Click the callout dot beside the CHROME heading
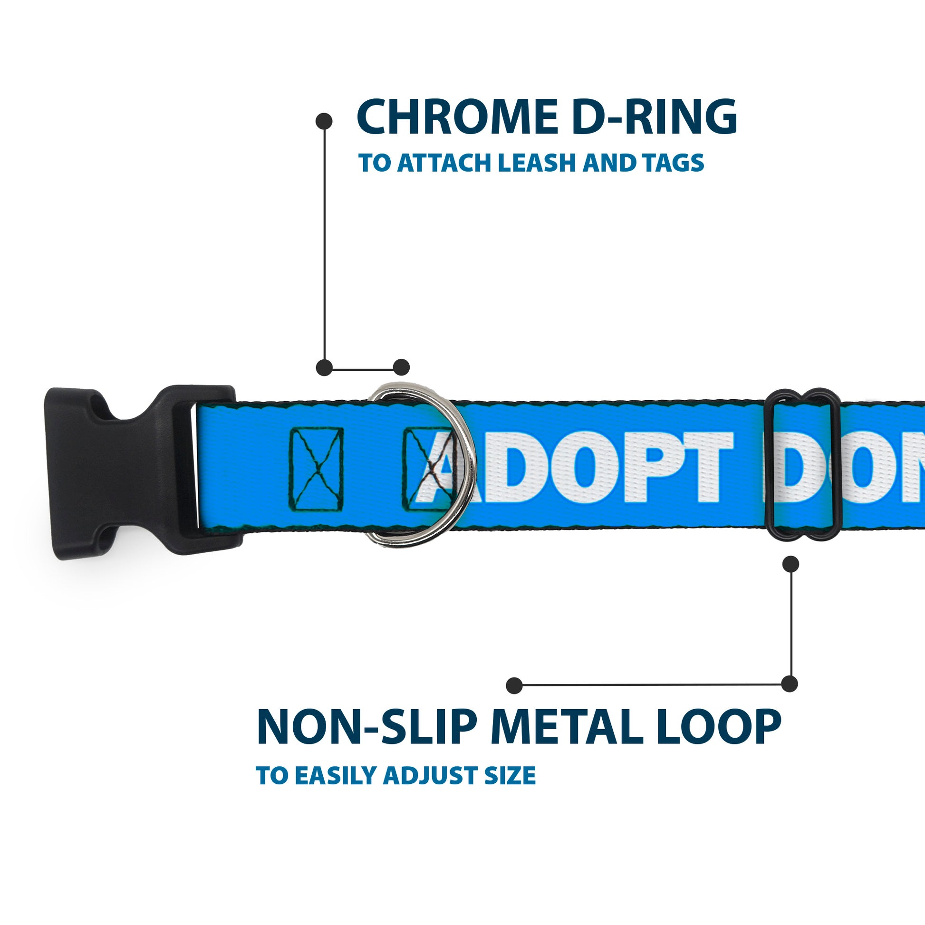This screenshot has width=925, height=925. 324,121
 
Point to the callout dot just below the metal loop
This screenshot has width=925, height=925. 791,564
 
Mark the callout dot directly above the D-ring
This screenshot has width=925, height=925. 401,368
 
